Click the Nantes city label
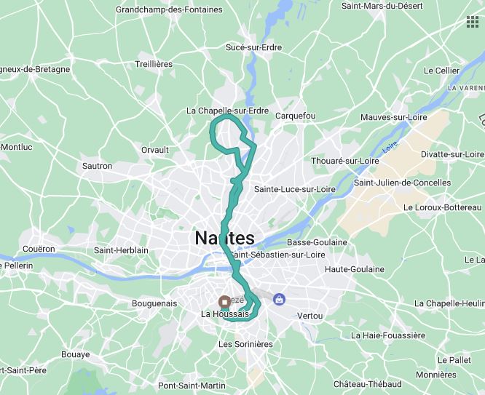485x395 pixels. [225, 238]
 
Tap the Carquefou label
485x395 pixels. [295, 116]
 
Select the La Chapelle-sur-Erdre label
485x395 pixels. [228, 111]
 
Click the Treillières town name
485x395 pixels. [154, 64]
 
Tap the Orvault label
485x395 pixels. [154, 150]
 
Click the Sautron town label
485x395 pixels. [98, 166]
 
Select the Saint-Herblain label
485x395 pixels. [121, 250]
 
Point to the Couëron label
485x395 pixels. [39, 249]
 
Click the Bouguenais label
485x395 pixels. [154, 303]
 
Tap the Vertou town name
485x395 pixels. [309, 316]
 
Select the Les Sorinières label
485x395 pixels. [245, 343]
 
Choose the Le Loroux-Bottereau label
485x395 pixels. [442, 207]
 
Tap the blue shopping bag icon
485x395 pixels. [278, 298]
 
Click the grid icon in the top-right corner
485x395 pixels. [473, 23]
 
